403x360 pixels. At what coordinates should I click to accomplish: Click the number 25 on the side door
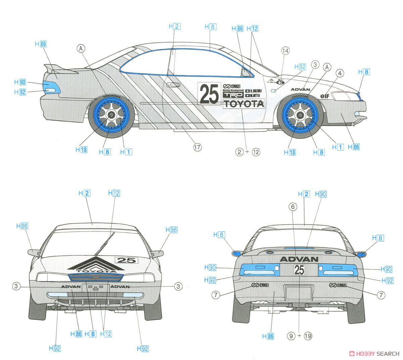pos(209,93)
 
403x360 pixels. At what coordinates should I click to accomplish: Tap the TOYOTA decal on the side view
pos(244,104)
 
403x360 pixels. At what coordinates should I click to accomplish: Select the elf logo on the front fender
pos(324,96)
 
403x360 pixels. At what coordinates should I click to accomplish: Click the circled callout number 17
pos(197,147)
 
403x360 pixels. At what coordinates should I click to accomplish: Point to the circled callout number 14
pos(285,51)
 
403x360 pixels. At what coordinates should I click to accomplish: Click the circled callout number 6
pos(293,207)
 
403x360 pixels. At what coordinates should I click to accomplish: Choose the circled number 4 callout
pos(340,73)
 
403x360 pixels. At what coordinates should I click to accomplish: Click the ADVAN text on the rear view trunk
pos(299,259)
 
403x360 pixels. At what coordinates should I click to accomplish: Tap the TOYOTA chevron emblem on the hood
pos(93,264)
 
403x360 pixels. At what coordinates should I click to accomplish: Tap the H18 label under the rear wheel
pos(82,150)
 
